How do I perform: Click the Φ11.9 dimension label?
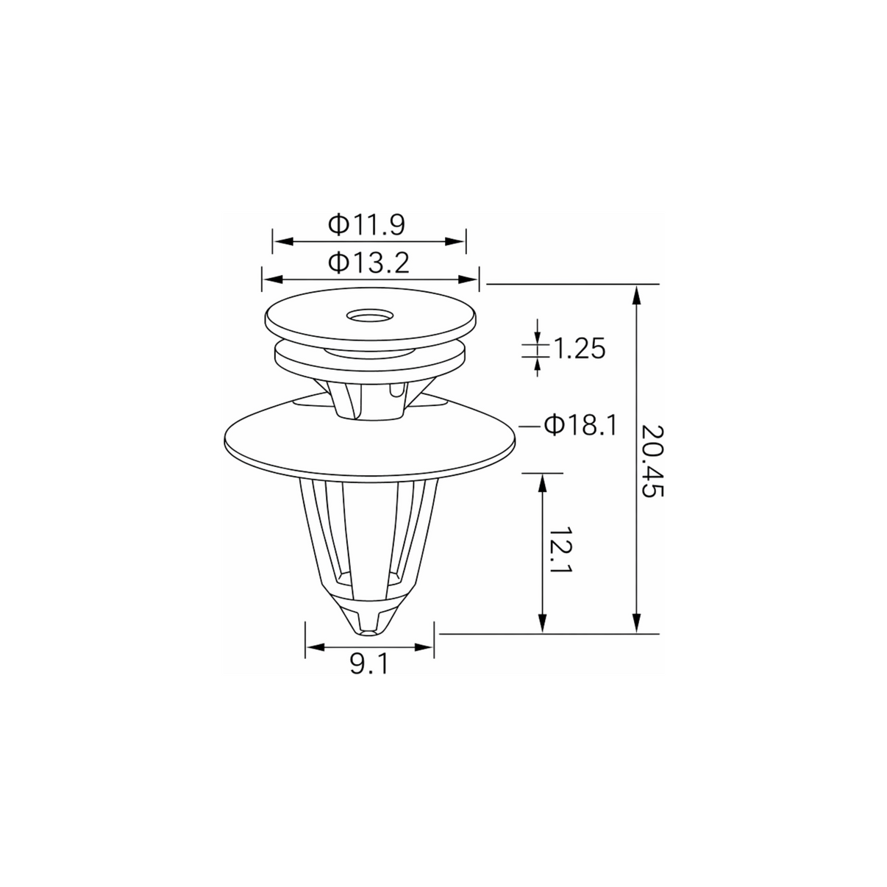click(x=366, y=225)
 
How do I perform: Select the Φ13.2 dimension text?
click(x=368, y=263)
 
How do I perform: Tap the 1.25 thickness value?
click(x=579, y=349)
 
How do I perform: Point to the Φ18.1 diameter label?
click(x=580, y=425)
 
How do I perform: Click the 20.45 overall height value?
click(x=653, y=461)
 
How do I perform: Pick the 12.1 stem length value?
click(x=560, y=549)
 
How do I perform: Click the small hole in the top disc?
click(x=371, y=316)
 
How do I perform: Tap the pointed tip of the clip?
click(x=370, y=633)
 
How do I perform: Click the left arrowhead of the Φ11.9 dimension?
click(x=283, y=241)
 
